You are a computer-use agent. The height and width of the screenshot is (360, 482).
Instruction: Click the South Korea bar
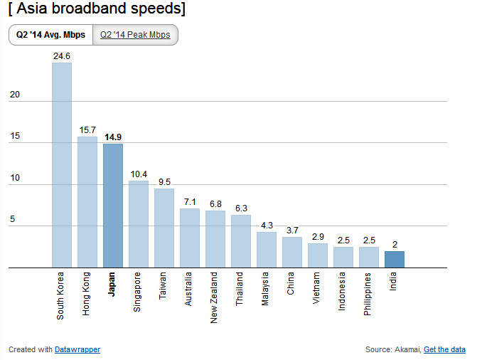point(62,165)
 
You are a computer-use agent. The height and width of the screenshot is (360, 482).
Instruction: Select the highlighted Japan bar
point(113,206)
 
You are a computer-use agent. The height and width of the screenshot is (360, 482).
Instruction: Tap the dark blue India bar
point(395,260)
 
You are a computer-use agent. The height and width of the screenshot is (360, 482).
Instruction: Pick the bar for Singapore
point(139,224)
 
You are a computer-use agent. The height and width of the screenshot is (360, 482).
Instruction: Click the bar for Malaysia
point(267,250)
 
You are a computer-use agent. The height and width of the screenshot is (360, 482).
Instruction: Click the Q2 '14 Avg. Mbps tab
point(50,35)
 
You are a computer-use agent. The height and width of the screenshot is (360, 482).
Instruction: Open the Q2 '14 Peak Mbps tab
point(135,35)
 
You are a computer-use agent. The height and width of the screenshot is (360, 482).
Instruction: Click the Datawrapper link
point(77,349)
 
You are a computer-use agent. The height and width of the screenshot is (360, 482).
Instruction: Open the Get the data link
point(444,349)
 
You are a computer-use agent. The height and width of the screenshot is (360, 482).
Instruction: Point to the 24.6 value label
point(62,55)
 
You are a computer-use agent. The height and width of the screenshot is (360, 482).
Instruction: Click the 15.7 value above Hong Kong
point(87,129)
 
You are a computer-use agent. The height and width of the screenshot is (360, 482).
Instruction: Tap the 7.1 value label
point(190,201)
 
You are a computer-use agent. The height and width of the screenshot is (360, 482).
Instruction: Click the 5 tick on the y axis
point(12,220)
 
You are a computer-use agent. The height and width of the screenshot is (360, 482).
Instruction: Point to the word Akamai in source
point(407,349)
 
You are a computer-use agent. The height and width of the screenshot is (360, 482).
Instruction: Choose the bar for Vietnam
point(318,255)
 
